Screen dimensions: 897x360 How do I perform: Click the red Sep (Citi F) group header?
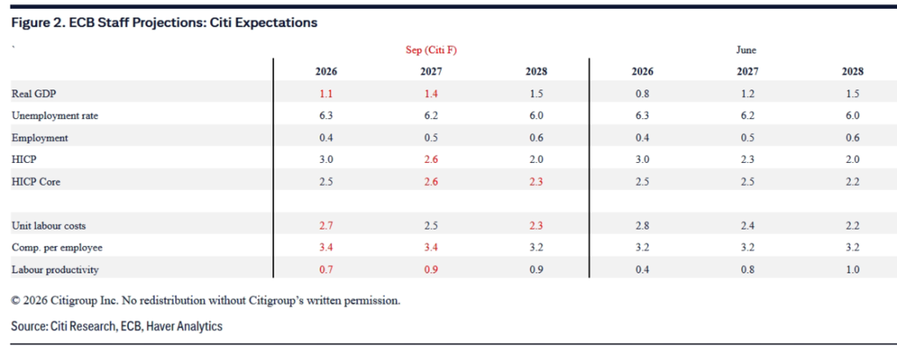(x=431, y=51)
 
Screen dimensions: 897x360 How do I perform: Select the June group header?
(x=745, y=51)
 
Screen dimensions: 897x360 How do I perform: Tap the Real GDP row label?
(x=33, y=94)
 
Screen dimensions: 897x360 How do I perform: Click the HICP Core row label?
(x=35, y=181)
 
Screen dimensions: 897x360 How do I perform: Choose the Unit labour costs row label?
(x=49, y=225)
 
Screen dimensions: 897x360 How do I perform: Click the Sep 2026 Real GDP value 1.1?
(x=326, y=94)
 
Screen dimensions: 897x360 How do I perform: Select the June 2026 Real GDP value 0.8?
(x=642, y=94)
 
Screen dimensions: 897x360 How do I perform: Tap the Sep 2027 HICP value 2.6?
(x=431, y=159)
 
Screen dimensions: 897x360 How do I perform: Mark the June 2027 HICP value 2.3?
(x=747, y=159)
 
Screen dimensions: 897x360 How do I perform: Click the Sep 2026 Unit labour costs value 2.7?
(x=326, y=225)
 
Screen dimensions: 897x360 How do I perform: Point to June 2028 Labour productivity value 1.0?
(x=852, y=270)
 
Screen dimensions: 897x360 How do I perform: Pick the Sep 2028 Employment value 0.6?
(x=537, y=138)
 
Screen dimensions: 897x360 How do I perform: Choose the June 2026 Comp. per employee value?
(x=642, y=248)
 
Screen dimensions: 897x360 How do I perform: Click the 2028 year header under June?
(x=852, y=72)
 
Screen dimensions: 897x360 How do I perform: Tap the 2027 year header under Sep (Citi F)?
(x=431, y=72)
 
